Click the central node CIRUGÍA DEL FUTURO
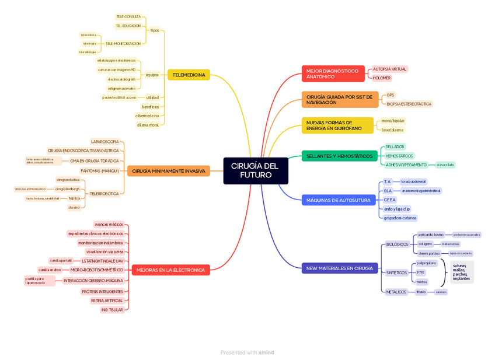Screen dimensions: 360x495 point(255,170)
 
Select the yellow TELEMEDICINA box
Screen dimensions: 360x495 point(189,75)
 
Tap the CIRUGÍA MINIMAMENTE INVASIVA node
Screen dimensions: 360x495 point(168,171)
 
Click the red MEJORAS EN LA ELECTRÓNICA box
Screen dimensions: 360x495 point(170,270)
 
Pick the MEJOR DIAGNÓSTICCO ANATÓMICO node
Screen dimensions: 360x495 point(333,74)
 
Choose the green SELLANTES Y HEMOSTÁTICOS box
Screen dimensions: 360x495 point(339,156)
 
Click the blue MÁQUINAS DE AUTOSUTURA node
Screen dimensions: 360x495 point(339,200)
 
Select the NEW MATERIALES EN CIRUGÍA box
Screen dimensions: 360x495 point(339,268)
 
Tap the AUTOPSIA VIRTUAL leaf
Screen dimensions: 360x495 point(389,69)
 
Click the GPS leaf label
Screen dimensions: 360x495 point(390,95)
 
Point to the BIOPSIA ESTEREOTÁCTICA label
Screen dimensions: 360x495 point(409,104)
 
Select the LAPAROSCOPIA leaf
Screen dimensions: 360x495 point(105,141)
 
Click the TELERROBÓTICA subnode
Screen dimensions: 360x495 point(104,193)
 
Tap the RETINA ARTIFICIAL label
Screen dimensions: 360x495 point(107,300)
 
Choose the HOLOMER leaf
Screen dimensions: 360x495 point(382,78)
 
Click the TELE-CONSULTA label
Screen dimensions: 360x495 point(128,17)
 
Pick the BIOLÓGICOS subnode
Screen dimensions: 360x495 point(397,244)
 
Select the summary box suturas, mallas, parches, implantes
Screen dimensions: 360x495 point(461,272)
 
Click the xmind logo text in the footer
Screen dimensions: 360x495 point(266,352)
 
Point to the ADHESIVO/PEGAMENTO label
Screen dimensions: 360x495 point(406,165)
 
